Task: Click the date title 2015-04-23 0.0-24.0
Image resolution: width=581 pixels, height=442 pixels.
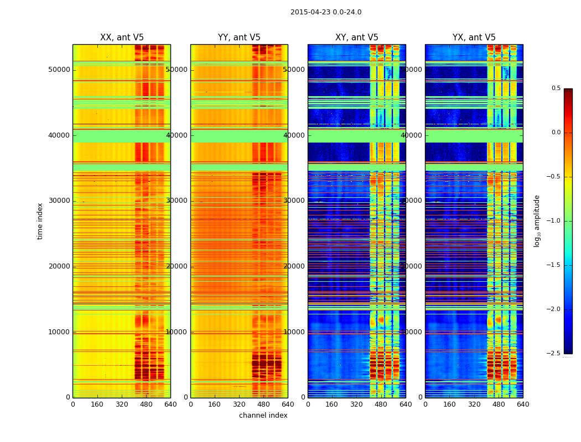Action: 326,12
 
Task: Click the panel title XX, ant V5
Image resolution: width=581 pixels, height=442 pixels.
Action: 122,38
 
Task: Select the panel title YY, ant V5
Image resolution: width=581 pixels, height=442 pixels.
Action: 239,38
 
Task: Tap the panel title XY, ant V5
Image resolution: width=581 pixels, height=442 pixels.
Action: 357,38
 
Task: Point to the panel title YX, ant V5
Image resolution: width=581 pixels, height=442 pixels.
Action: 474,38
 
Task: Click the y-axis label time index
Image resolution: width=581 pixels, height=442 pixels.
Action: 40,221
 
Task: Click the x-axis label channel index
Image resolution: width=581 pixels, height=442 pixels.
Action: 263,415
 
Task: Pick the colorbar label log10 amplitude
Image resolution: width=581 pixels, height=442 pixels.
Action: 537,221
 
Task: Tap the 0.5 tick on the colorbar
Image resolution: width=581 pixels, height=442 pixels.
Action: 556,88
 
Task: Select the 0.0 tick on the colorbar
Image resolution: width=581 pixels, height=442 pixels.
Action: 556,133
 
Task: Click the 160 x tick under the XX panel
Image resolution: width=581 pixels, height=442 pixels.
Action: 97,404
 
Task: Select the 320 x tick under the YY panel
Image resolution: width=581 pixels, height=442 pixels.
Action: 239,404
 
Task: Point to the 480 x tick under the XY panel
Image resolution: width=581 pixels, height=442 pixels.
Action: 381,404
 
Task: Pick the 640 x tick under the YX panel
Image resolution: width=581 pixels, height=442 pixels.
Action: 523,404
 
